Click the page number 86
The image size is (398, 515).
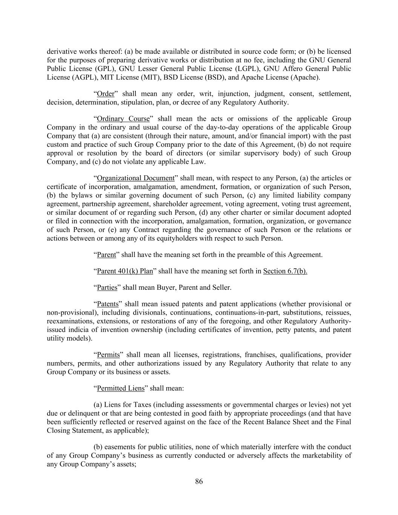199,481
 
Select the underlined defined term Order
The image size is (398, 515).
105,94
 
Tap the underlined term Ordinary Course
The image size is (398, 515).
123,119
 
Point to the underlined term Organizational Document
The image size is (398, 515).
135,178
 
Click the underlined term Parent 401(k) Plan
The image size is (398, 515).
125,271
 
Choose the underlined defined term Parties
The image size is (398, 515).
107,287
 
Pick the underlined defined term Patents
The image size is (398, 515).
108,304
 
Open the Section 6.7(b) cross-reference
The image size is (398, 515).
285,271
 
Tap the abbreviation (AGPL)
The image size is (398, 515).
81,77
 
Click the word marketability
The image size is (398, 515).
321,456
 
